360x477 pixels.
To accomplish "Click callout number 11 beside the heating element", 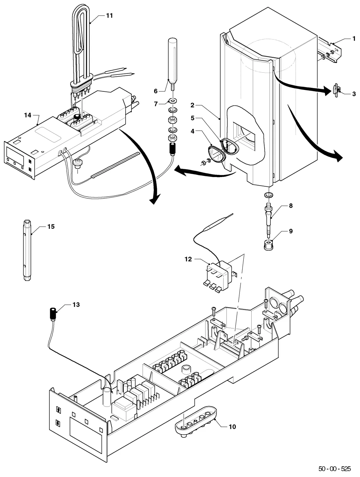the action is [109, 15].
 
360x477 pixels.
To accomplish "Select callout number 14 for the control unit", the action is [28, 115].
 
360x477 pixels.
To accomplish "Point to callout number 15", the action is [51, 226].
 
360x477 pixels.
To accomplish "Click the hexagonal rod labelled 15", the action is [27, 250].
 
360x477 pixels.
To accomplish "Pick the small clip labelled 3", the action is [337, 90].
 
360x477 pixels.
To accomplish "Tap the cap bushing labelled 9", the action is [269, 245].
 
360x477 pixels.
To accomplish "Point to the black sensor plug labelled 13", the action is [53, 313].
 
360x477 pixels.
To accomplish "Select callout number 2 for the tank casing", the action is [192, 105].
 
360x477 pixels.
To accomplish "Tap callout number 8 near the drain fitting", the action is [291, 205].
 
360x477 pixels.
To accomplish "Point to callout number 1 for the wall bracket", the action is [354, 39].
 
